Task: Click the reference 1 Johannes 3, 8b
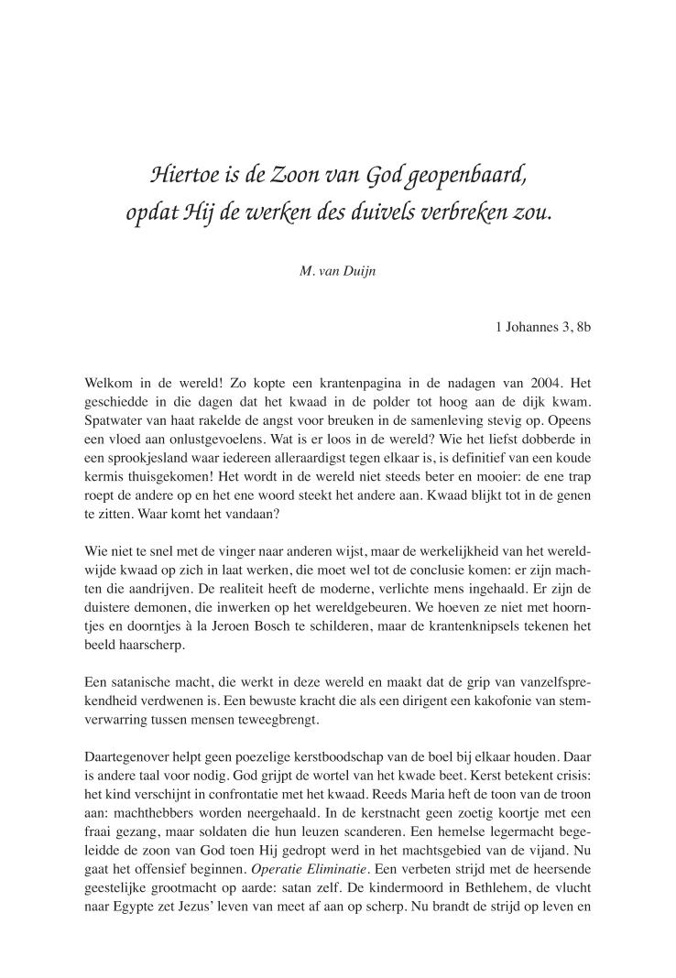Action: point(542,325)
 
